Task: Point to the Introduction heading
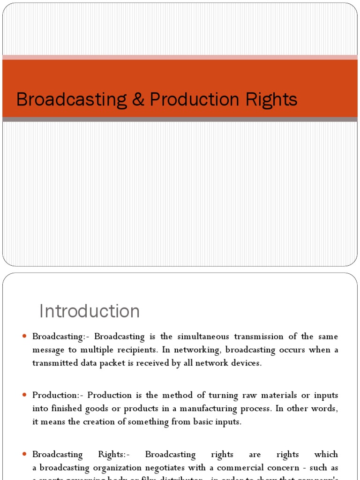tap(89, 311)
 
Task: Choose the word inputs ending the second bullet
tap(227, 422)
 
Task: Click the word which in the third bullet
tap(326, 454)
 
